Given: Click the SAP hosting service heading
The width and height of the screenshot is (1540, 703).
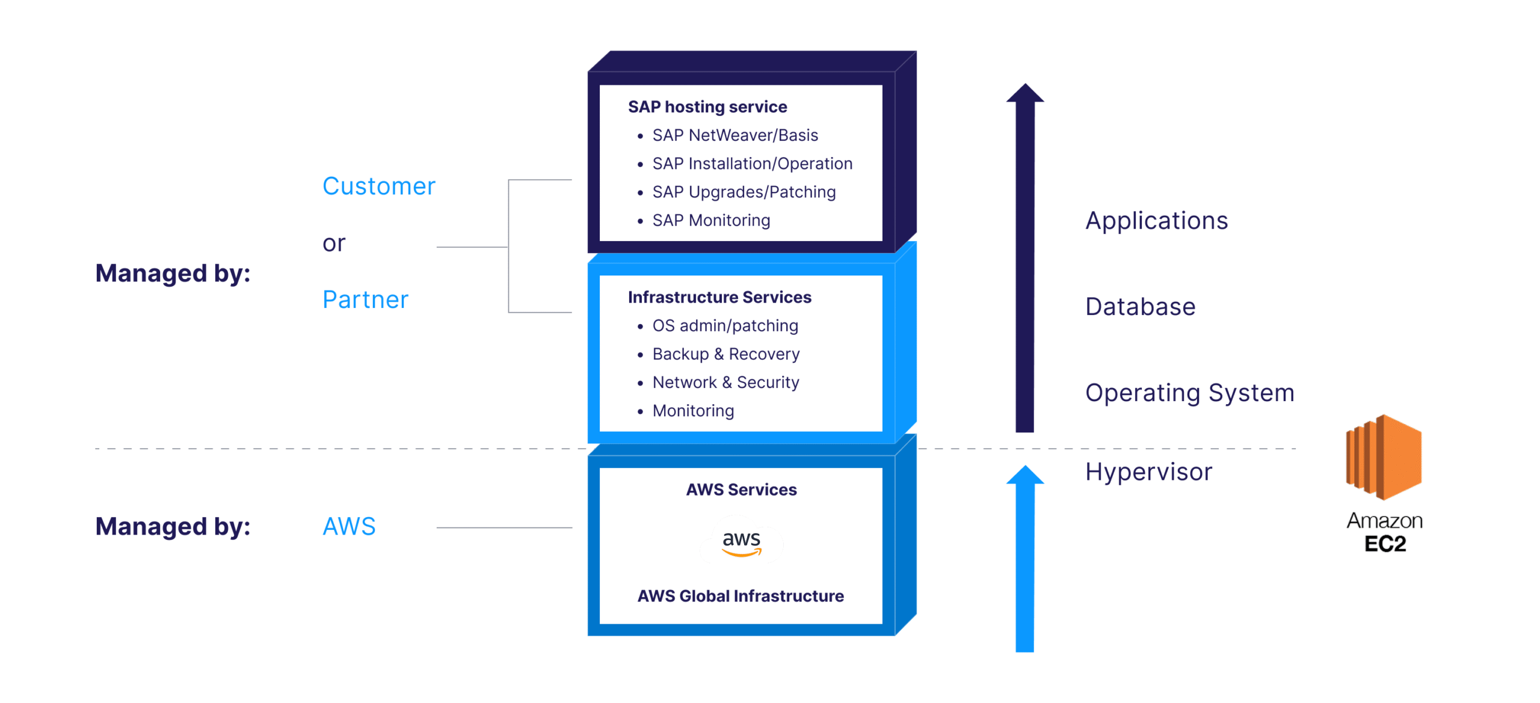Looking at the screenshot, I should point(707,107).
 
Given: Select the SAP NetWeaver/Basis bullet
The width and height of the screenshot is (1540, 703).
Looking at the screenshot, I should point(735,135).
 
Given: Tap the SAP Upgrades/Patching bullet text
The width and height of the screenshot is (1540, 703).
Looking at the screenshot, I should point(744,192).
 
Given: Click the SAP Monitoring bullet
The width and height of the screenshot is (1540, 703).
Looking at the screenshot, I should point(710,220).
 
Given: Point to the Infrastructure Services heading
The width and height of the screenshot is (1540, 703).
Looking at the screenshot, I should point(719,297).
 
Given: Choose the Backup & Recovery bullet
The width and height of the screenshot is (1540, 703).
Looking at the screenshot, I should point(725,354).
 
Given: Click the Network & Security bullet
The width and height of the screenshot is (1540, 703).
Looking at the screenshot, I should point(725,382).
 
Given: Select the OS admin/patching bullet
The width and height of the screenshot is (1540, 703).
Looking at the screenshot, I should point(725,325).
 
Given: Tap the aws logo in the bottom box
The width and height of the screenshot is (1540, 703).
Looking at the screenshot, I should point(741,542).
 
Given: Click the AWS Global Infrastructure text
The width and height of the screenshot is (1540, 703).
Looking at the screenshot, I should point(741,596).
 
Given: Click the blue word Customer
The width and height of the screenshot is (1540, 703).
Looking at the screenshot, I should point(379,186).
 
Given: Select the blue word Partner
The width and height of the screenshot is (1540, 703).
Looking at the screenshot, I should point(365,299).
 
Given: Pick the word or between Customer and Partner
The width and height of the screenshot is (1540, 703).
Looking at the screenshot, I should point(334,244).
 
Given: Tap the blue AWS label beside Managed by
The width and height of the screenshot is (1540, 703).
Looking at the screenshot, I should point(349,527).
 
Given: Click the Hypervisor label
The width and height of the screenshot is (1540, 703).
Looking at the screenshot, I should point(1148,472).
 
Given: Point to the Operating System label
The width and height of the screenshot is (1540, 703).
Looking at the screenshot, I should point(1189,393).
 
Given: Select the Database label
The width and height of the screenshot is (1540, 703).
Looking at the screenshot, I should point(1140,307).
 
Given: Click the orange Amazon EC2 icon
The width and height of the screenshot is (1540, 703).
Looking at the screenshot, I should point(1384,457).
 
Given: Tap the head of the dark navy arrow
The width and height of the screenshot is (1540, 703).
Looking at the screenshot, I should point(1025,94).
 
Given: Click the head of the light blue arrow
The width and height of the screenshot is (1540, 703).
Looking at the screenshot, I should point(1025,475).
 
